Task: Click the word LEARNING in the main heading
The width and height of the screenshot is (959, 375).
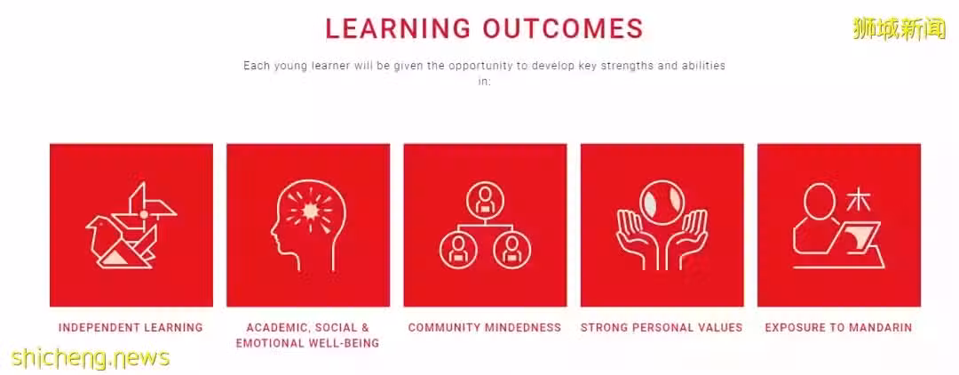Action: [398, 28]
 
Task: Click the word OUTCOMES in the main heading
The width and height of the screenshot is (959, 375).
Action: [563, 28]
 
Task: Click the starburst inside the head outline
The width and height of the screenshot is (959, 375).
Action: [310, 211]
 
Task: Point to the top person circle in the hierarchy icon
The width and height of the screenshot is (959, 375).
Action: [485, 198]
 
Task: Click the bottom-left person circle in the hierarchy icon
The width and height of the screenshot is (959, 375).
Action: [457, 251]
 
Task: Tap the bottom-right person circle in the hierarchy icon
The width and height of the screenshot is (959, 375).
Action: [512, 251]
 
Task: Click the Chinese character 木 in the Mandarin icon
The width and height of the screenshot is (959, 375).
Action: [859, 199]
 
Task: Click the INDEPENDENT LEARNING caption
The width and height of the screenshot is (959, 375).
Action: [131, 327]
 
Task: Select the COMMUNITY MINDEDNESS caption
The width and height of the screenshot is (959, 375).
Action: [485, 327]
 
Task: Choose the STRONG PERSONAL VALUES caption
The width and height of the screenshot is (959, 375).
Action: [662, 327]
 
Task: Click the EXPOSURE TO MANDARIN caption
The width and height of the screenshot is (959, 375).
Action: [838, 327]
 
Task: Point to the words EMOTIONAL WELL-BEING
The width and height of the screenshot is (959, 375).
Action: [307, 343]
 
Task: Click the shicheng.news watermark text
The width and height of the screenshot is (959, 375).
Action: [90, 358]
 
